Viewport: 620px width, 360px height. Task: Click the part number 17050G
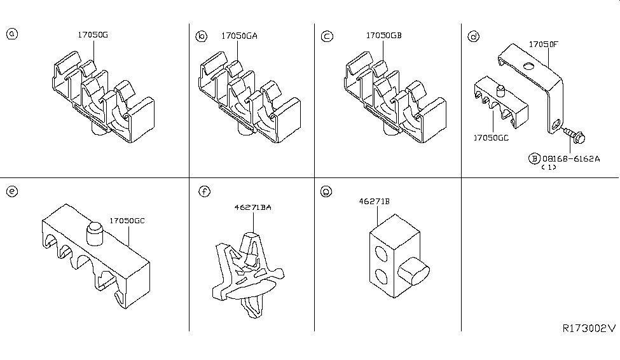93,35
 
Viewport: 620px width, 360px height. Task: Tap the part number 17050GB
385,36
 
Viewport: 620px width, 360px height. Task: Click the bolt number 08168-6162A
571,158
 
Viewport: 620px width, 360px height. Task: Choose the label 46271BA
253,207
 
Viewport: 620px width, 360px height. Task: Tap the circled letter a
11,34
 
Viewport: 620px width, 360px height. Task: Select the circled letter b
201,37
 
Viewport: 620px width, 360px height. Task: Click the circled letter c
327,37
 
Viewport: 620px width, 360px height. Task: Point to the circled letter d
473,37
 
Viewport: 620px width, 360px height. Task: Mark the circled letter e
11,191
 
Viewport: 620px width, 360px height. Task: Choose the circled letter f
203,191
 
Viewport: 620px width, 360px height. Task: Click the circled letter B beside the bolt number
534,158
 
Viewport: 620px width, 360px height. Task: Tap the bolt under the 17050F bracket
576,134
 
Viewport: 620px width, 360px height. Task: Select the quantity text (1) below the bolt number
548,168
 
